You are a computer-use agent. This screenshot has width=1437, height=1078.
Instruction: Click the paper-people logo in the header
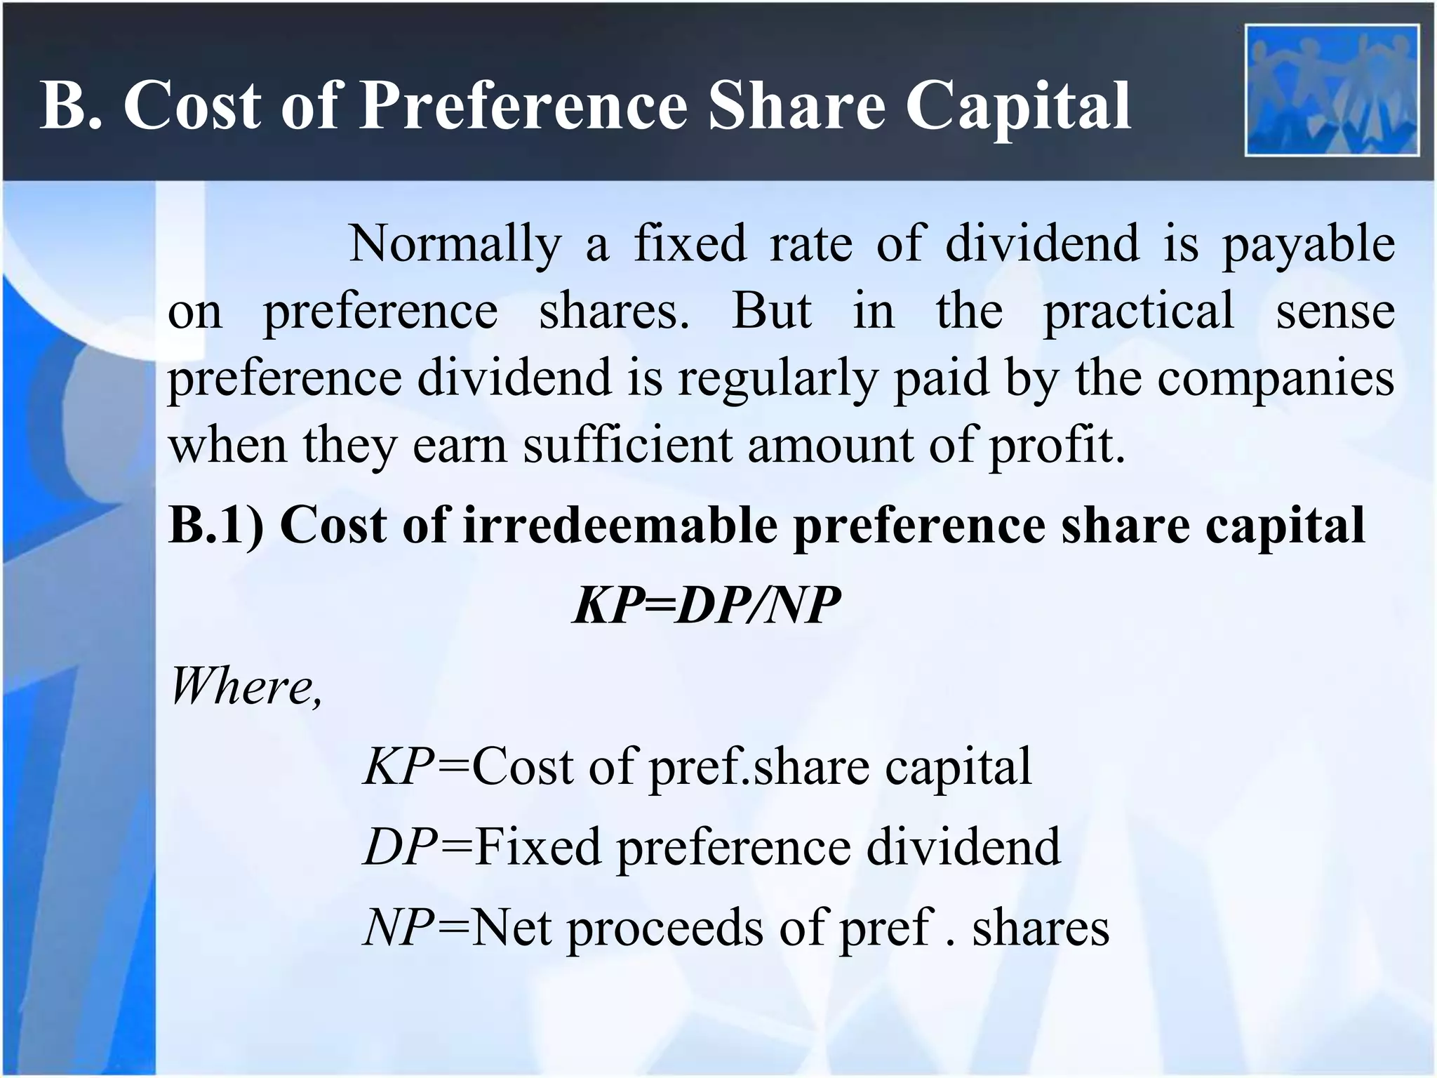(1332, 90)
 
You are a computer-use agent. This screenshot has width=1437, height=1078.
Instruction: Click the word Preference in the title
(523, 105)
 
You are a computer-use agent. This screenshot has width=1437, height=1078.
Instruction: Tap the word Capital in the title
(1017, 105)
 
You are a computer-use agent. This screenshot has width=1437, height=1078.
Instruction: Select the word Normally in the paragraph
(455, 244)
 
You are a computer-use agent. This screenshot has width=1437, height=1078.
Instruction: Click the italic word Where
(246, 686)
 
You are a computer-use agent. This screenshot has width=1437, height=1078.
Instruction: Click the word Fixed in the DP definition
(537, 846)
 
